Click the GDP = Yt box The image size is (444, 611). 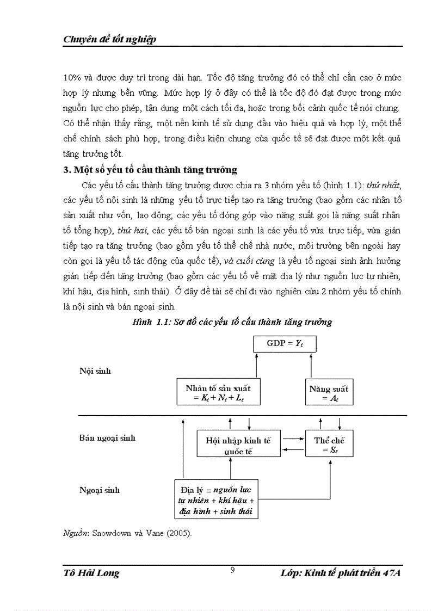click(x=285, y=344)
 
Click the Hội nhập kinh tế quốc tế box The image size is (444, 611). click(x=238, y=445)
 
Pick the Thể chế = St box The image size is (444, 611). click(x=329, y=444)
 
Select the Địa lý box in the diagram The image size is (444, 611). click(x=215, y=498)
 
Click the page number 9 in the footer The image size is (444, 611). click(x=232, y=570)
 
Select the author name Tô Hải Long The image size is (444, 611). click(x=91, y=573)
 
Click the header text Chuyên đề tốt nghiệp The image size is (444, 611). click(x=110, y=39)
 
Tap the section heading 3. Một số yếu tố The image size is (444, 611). click(x=150, y=170)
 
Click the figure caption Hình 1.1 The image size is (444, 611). click(x=232, y=322)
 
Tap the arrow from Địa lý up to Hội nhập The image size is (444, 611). click(x=231, y=467)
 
